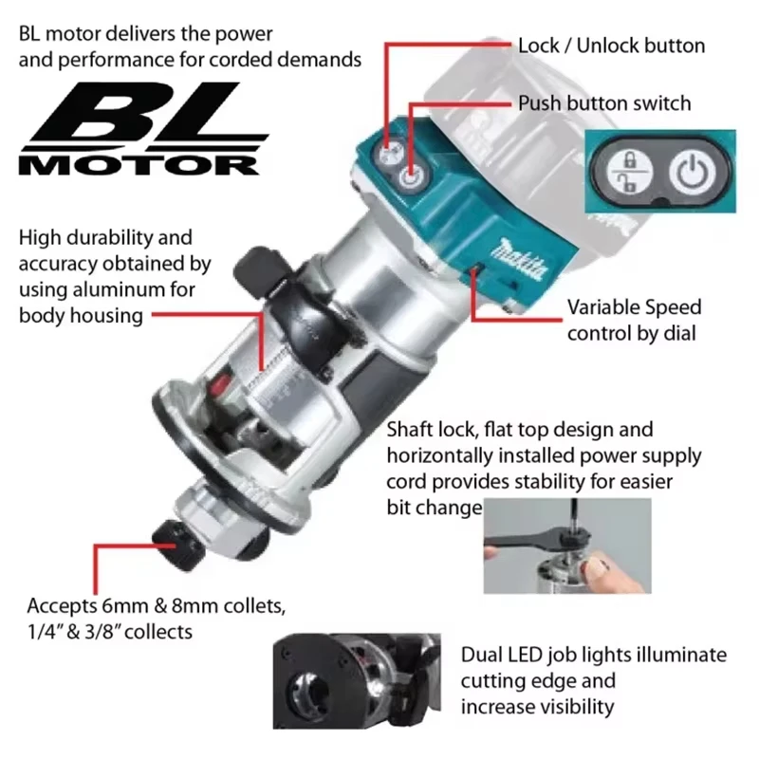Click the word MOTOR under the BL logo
[x=139, y=164]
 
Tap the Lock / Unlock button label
[x=611, y=46]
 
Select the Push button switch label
[x=603, y=102]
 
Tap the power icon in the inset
[x=691, y=174]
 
